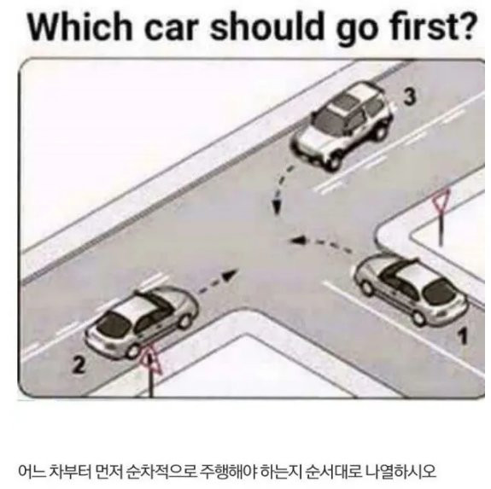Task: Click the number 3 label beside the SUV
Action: tap(410, 96)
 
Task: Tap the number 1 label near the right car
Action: tap(463, 336)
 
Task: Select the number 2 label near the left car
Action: tap(79, 364)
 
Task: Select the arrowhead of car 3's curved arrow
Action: tap(277, 206)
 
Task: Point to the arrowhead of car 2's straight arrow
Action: tap(231, 275)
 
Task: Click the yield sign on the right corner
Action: tap(441, 201)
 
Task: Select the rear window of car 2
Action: tap(114, 325)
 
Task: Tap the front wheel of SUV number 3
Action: tap(334, 162)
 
